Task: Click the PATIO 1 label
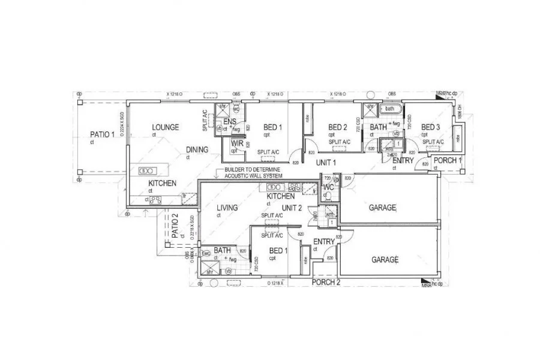[102, 134]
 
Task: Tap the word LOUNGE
[165, 127]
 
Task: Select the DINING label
[197, 150]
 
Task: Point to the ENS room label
[229, 122]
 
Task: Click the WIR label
[236, 144]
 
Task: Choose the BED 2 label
[338, 127]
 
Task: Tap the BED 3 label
[431, 127]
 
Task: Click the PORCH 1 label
[448, 160]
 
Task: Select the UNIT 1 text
[326, 163]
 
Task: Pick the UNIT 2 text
[291, 208]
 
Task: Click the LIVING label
[227, 208]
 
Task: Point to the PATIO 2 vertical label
[175, 227]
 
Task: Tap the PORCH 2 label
[326, 281]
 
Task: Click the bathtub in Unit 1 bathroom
[390, 109]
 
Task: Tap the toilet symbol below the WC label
[328, 196]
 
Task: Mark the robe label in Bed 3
[460, 136]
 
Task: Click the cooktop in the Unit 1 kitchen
[154, 200]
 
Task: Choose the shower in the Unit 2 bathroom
[210, 271]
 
